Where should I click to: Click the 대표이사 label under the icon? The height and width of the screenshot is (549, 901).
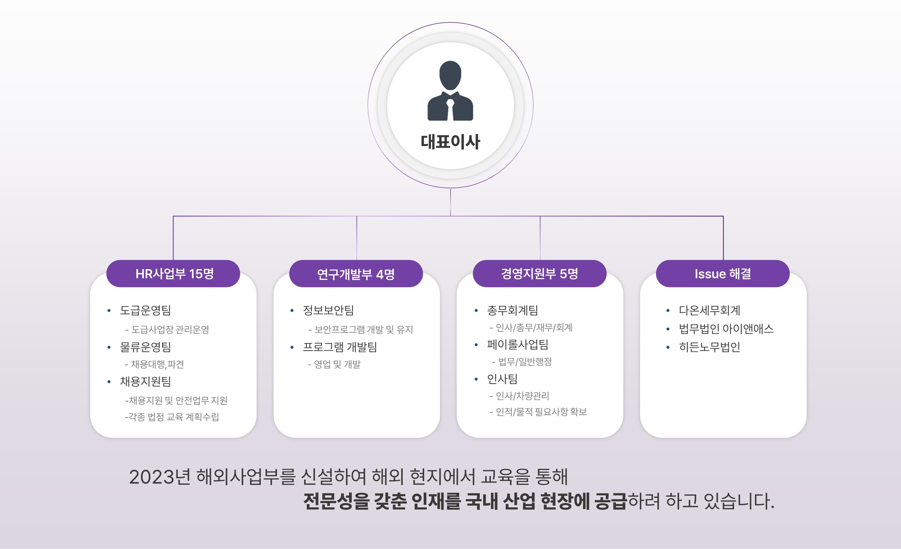click(x=450, y=142)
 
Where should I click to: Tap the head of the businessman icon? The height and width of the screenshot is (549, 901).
click(x=450, y=75)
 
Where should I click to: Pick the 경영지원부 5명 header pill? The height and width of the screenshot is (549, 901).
click(x=540, y=274)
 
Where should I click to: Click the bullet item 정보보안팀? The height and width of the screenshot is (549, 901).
click(x=328, y=310)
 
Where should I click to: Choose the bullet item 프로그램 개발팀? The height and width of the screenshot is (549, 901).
click(x=340, y=347)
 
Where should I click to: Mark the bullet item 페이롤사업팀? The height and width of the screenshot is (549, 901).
click(x=518, y=344)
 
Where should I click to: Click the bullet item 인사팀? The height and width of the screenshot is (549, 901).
click(x=502, y=379)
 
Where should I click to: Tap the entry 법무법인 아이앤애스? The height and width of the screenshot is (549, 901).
click(x=726, y=329)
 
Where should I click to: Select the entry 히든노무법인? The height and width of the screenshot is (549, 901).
click(x=709, y=347)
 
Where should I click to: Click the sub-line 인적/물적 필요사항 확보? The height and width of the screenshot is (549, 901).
click(x=541, y=412)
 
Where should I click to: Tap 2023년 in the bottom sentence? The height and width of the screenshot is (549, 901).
click(x=160, y=477)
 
